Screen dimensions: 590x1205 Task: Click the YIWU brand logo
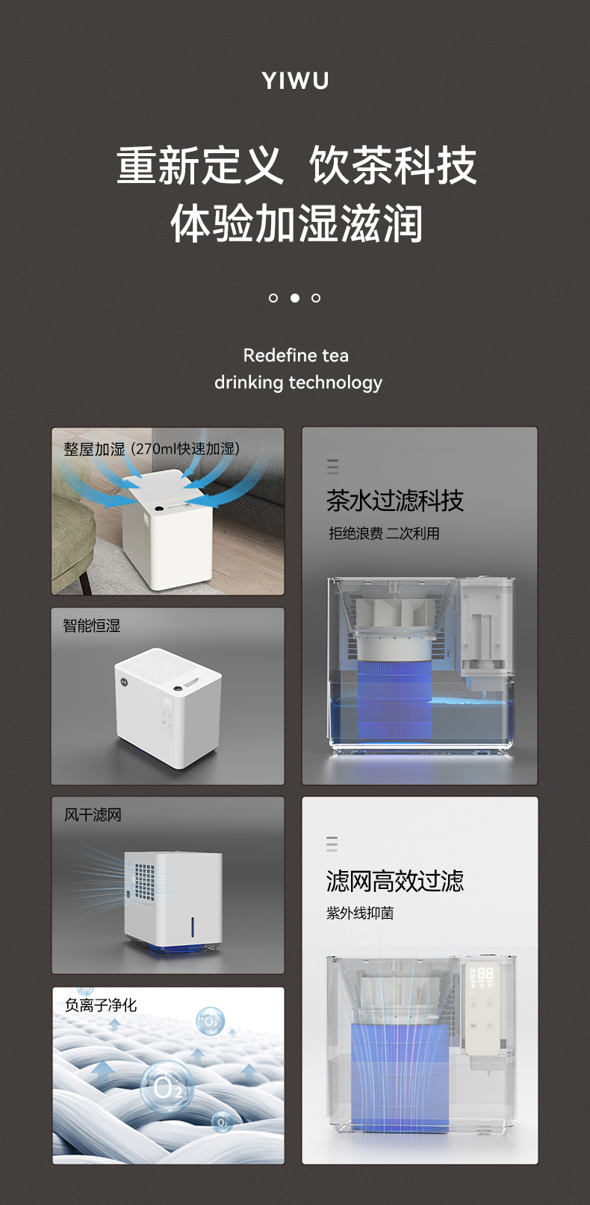tap(295, 81)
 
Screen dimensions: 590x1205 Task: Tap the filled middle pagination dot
tap(295, 298)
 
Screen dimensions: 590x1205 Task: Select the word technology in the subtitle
tap(335, 382)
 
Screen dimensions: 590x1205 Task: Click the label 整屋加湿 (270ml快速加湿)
tap(152, 449)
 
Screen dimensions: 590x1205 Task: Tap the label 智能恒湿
tap(91, 625)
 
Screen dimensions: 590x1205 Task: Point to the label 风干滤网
tap(93, 815)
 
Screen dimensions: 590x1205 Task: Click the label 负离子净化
tap(101, 1005)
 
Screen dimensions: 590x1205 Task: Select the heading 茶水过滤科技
tap(395, 501)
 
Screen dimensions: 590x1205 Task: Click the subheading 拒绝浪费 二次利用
tap(384, 533)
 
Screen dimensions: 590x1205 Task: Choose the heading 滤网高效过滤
tap(395, 881)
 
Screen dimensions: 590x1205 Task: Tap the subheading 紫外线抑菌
tap(360, 913)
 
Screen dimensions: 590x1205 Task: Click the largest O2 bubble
tap(167, 1087)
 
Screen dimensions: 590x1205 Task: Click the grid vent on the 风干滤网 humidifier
tap(145, 882)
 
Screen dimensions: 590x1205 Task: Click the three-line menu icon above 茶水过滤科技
tap(332, 466)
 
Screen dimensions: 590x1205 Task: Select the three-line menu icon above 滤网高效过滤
tap(332, 844)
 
